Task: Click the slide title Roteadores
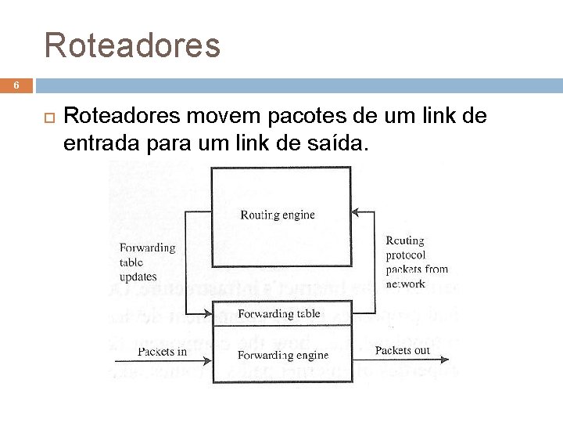tap(133, 45)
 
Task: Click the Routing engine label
tap(278, 215)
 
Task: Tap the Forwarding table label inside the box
tap(278, 313)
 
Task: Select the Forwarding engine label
tap(282, 355)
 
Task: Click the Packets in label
tap(163, 352)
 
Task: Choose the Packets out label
tap(403, 350)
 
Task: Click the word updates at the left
tap(138, 277)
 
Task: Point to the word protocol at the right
tap(406, 255)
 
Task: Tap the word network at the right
tap(405, 284)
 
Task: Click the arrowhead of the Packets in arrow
tap(209, 360)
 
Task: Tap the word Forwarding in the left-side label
tap(147, 248)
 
